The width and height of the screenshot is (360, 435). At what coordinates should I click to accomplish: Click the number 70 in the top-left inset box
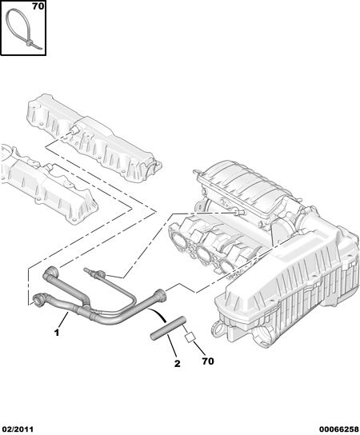tap(38, 6)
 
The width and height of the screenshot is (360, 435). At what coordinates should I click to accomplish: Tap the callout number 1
tap(57, 333)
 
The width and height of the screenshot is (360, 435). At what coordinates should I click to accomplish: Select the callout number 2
tap(177, 363)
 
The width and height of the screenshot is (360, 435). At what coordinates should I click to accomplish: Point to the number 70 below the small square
tap(208, 361)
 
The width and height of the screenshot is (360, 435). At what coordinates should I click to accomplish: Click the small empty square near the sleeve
tap(190, 337)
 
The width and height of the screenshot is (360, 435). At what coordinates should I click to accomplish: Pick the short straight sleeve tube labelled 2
tap(167, 328)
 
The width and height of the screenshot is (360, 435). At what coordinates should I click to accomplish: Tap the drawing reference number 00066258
tap(338, 429)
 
